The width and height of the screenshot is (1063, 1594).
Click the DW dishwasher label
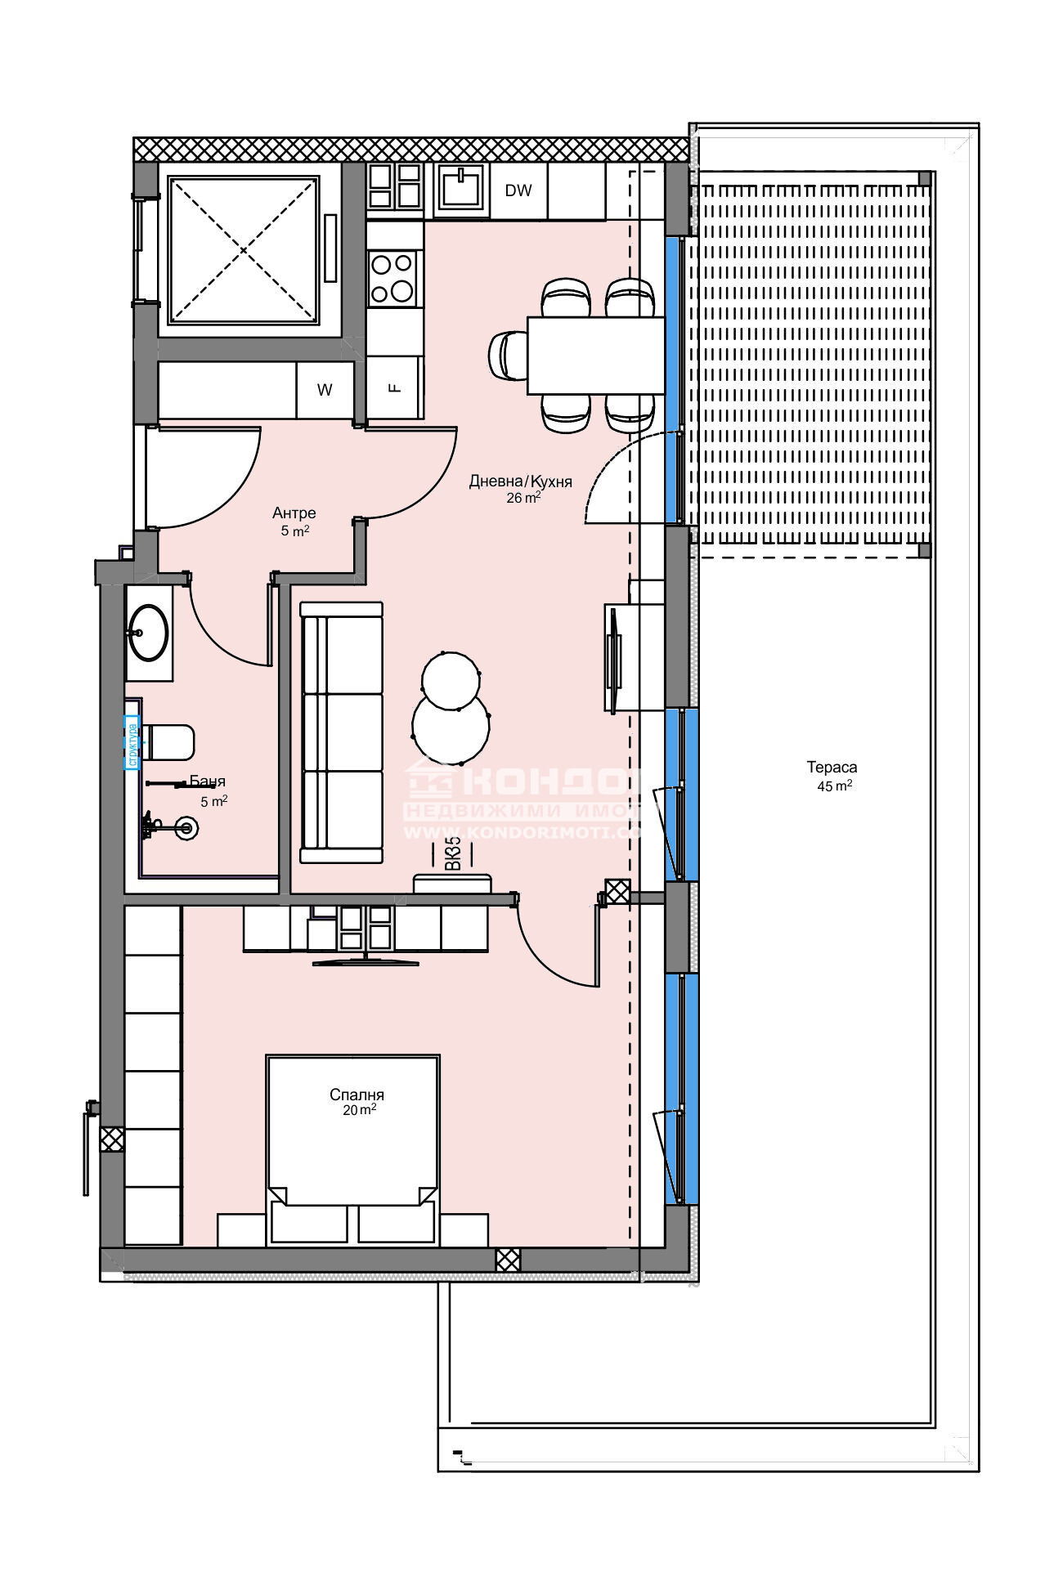[518, 190]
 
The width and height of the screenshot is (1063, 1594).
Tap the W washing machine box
[325, 390]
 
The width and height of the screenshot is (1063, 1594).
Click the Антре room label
[294, 513]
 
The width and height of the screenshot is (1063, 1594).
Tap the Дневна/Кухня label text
[520, 481]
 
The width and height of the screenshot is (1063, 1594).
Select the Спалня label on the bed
[357, 1095]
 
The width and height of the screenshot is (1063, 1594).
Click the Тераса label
[832, 767]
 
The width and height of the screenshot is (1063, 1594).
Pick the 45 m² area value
[834, 786]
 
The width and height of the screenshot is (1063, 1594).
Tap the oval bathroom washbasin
[148, 632]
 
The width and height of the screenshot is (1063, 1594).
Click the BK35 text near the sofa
[452, 853]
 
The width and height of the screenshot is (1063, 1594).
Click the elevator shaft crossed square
[243, 249]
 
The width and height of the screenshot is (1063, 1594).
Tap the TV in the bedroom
[366, 961]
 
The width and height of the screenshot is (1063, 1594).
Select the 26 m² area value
[523, 498]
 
